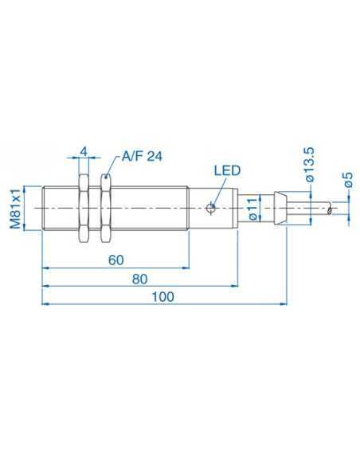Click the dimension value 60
pyautogui.click(x=115, y=260)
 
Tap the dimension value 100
pyautogui.click(x=162, y=296)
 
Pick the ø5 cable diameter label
pyautogui.click(x=347, y=180)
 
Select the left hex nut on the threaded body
pyautogui.click(x=80, y=210)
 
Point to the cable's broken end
pyautogui.click(x=329, y=210)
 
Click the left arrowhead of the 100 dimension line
pyautogui.click(x=45, y=303)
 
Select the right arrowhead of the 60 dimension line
pyautogui.click(x=185, y=267)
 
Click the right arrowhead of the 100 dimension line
pyautogui.click(x=283, y=303)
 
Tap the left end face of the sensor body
pyautogui.click(x=41, y=210)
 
